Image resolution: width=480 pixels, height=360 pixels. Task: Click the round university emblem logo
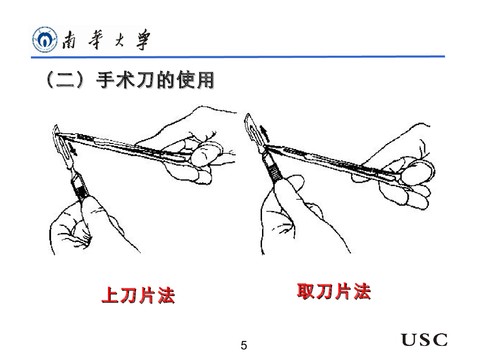[45, 39]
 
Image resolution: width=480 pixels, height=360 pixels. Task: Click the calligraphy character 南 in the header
[69, 40]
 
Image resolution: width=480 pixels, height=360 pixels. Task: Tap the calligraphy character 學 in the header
[143, 39]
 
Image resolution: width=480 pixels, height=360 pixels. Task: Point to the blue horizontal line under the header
[238, 57]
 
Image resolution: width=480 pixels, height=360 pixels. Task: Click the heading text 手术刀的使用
[155, 80]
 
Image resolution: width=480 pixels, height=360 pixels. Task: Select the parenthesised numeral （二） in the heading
[65, 80]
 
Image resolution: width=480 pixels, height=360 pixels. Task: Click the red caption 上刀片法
[138, 295]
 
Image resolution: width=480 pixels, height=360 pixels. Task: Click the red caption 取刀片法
[334, 291]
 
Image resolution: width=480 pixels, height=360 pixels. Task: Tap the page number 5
[244, 345]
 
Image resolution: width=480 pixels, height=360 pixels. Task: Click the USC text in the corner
[424, 339]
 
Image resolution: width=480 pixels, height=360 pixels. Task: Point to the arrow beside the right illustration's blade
[264, 134]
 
